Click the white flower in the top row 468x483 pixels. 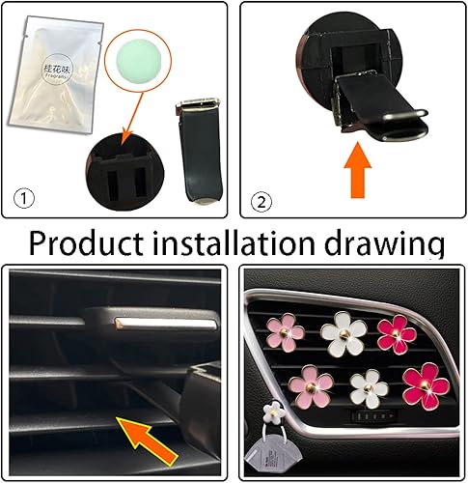point(345,332)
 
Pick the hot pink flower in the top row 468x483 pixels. point(399,332)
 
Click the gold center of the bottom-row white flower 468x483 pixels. point(365,388)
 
